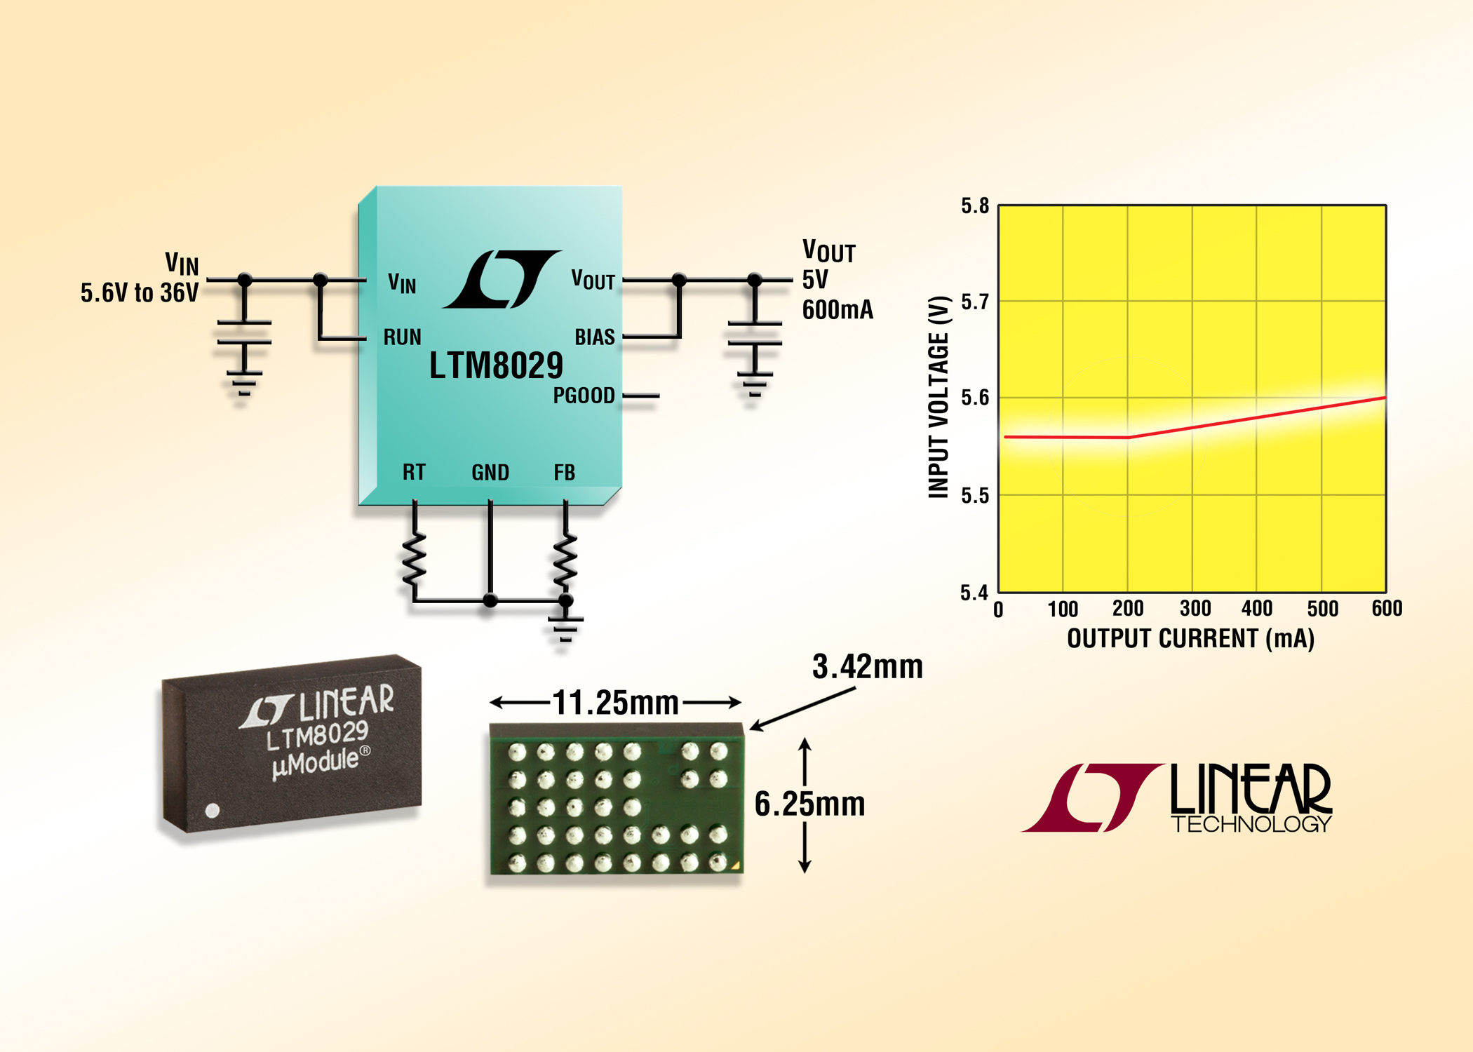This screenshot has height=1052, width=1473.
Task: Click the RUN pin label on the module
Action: (x=402, y=337)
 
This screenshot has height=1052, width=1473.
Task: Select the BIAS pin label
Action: (x=594, y=337)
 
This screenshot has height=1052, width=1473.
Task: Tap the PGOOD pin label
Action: (x=584, y=396)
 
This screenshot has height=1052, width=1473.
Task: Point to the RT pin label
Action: (x=414, y=472)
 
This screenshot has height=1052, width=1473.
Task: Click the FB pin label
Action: (x=564, y=472)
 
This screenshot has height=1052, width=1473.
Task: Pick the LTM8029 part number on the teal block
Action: (x=496, y=365)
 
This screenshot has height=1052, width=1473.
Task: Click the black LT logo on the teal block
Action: (x=501, y=279)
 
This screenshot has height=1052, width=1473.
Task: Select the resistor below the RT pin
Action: (x=415, y=558)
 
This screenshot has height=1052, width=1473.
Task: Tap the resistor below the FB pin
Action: (x=565, y=560)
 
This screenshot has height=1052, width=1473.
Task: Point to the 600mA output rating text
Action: (x=838, y=309)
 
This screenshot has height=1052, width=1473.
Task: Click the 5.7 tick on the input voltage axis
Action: (x=974, y=302)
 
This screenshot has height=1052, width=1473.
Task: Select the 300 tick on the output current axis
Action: (x=1195, y=609)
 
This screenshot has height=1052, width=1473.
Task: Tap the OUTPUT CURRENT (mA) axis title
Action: (x=1190, y=639)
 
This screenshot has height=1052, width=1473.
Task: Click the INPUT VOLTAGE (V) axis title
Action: (x=939, y=397)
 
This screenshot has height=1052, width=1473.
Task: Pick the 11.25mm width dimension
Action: (x=615, y=703)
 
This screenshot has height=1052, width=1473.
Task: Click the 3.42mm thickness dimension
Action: (x=867, y=666)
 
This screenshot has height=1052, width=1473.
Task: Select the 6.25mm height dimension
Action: (x=809, y=804)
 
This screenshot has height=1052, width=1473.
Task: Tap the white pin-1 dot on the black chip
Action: (x=213, y=811)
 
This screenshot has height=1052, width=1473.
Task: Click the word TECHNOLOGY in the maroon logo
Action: (x=1251, y=824)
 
